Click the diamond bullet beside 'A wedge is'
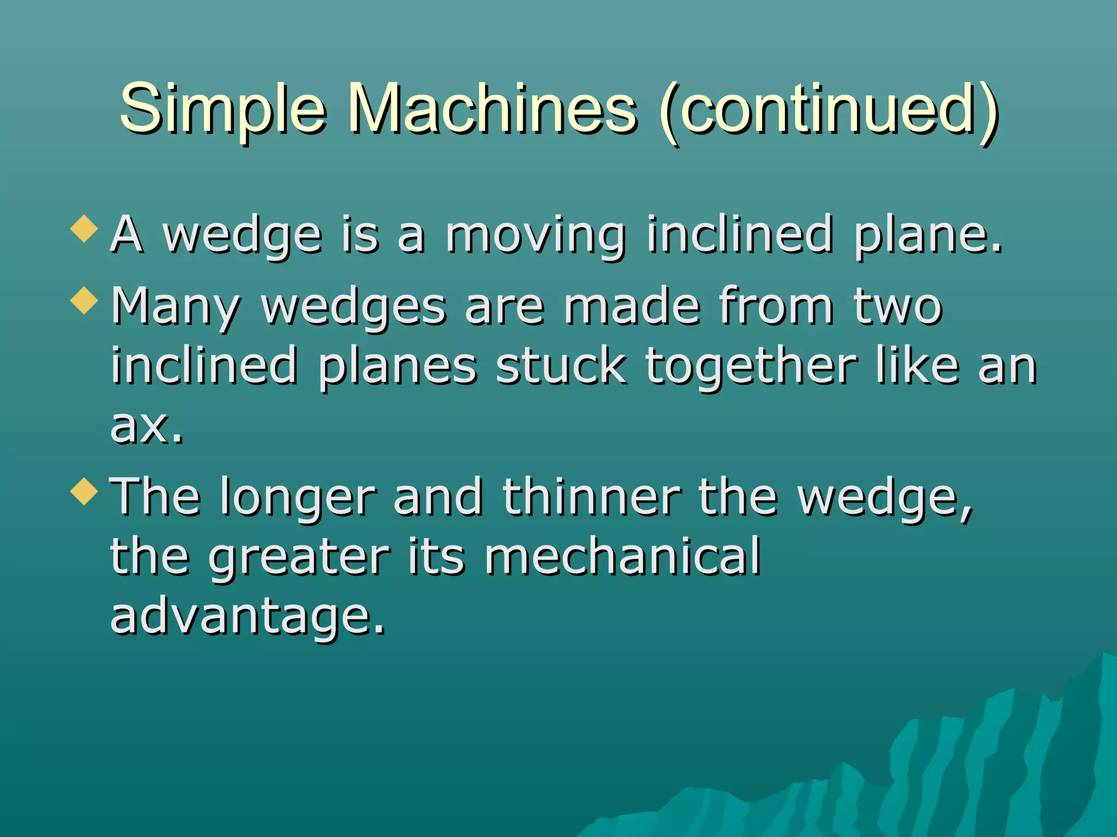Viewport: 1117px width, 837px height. (84, 228)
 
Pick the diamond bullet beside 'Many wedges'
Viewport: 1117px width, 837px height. (84, 300)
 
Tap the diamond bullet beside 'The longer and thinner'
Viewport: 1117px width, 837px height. (84, 491)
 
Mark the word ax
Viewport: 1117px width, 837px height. (146, 426)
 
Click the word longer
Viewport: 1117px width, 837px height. (298, 498)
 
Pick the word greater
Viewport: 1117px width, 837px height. (299, 558)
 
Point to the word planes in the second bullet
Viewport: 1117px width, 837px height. (398, 367)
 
